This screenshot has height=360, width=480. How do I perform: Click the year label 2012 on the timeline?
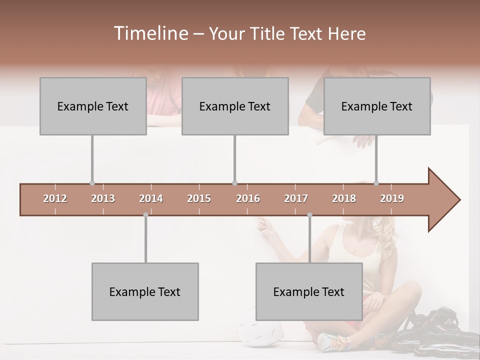click(x=55, y=198)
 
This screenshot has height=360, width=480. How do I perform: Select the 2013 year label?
click(x=103, y=198)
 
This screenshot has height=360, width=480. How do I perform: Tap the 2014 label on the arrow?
click(x=151, y=198)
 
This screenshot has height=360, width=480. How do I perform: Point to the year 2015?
click(x=199, y=198)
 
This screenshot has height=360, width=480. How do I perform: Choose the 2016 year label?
click(x=248, y=198)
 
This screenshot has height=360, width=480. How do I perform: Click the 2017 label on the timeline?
click(x=296, y=198)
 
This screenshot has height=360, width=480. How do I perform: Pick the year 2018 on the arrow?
click(x=344, y=198)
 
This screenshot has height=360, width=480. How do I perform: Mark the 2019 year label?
click(x=392, y=198)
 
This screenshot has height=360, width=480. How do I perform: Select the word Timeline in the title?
click(x=150, y=33)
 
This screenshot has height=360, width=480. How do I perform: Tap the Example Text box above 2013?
click(x=93, y=106)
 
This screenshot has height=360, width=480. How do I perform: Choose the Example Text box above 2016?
click(x=235, y=106)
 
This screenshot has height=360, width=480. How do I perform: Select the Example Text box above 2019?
click(x=377, y=106)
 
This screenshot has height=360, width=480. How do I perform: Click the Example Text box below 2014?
click(x=145, y=291)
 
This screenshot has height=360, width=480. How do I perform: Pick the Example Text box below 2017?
click(x=309, y=291)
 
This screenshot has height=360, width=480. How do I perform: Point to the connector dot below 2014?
click(x=145, y=215)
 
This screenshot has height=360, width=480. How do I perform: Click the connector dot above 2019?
click(x=376, y=183)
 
